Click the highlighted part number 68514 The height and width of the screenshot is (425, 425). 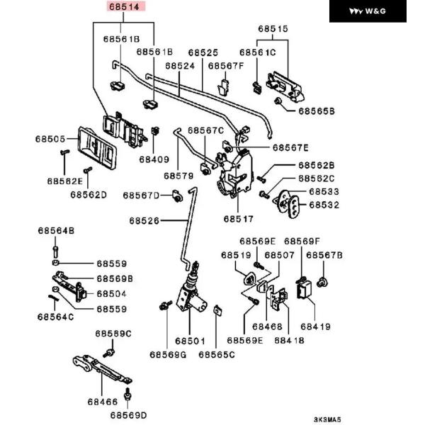pyautogui.click(x=125, y=8)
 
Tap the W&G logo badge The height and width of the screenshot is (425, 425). pyautogui.click(x=375, y=11)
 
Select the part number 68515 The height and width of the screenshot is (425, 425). pyautogui.click(x=272, y=30)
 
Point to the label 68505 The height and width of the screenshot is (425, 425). pyautogui.click(x=51, y=140)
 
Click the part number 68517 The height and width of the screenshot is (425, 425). pyautogui.click(x=239, y=219)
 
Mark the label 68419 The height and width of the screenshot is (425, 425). pyautogui.click(x=315, y=327)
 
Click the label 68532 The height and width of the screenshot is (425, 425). pyautogui.click(x=324, y=205)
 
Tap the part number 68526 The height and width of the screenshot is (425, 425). pyautogui.click(x=144, y=221)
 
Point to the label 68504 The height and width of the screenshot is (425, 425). pyautogui.click(x=111, y=293)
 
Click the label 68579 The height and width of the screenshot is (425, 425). pyautogui.click(x=178, y=175)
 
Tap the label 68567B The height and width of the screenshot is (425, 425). pyautogui.click(x=325, y=254)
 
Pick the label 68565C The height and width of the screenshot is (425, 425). pyautogui.click(x=217, y=354)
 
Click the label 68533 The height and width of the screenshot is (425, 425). pyautogui.click(x=324, y=192)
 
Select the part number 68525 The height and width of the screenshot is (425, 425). pyautogui.click(x=203, y=53)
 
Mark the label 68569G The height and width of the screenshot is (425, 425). pyautogui.click(x=167, y=354)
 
